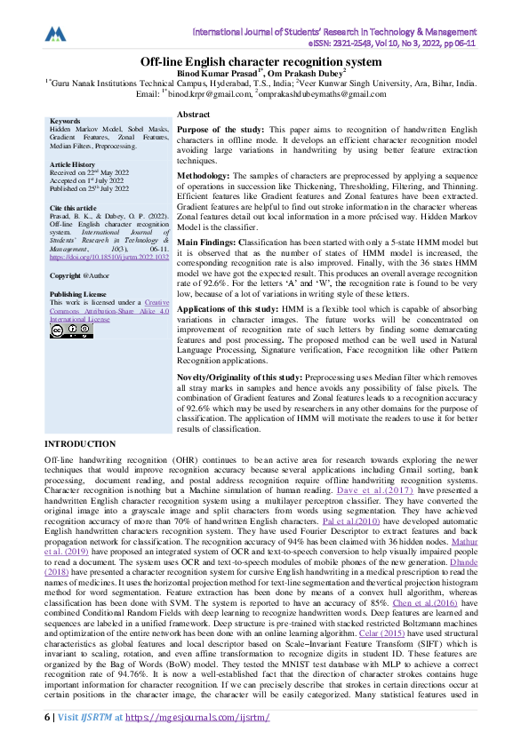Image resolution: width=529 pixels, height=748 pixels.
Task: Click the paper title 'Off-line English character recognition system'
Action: pyautogui.click(x=264, y=62)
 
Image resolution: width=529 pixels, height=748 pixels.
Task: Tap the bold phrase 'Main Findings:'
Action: pyautogui.click(x=209, y=241)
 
